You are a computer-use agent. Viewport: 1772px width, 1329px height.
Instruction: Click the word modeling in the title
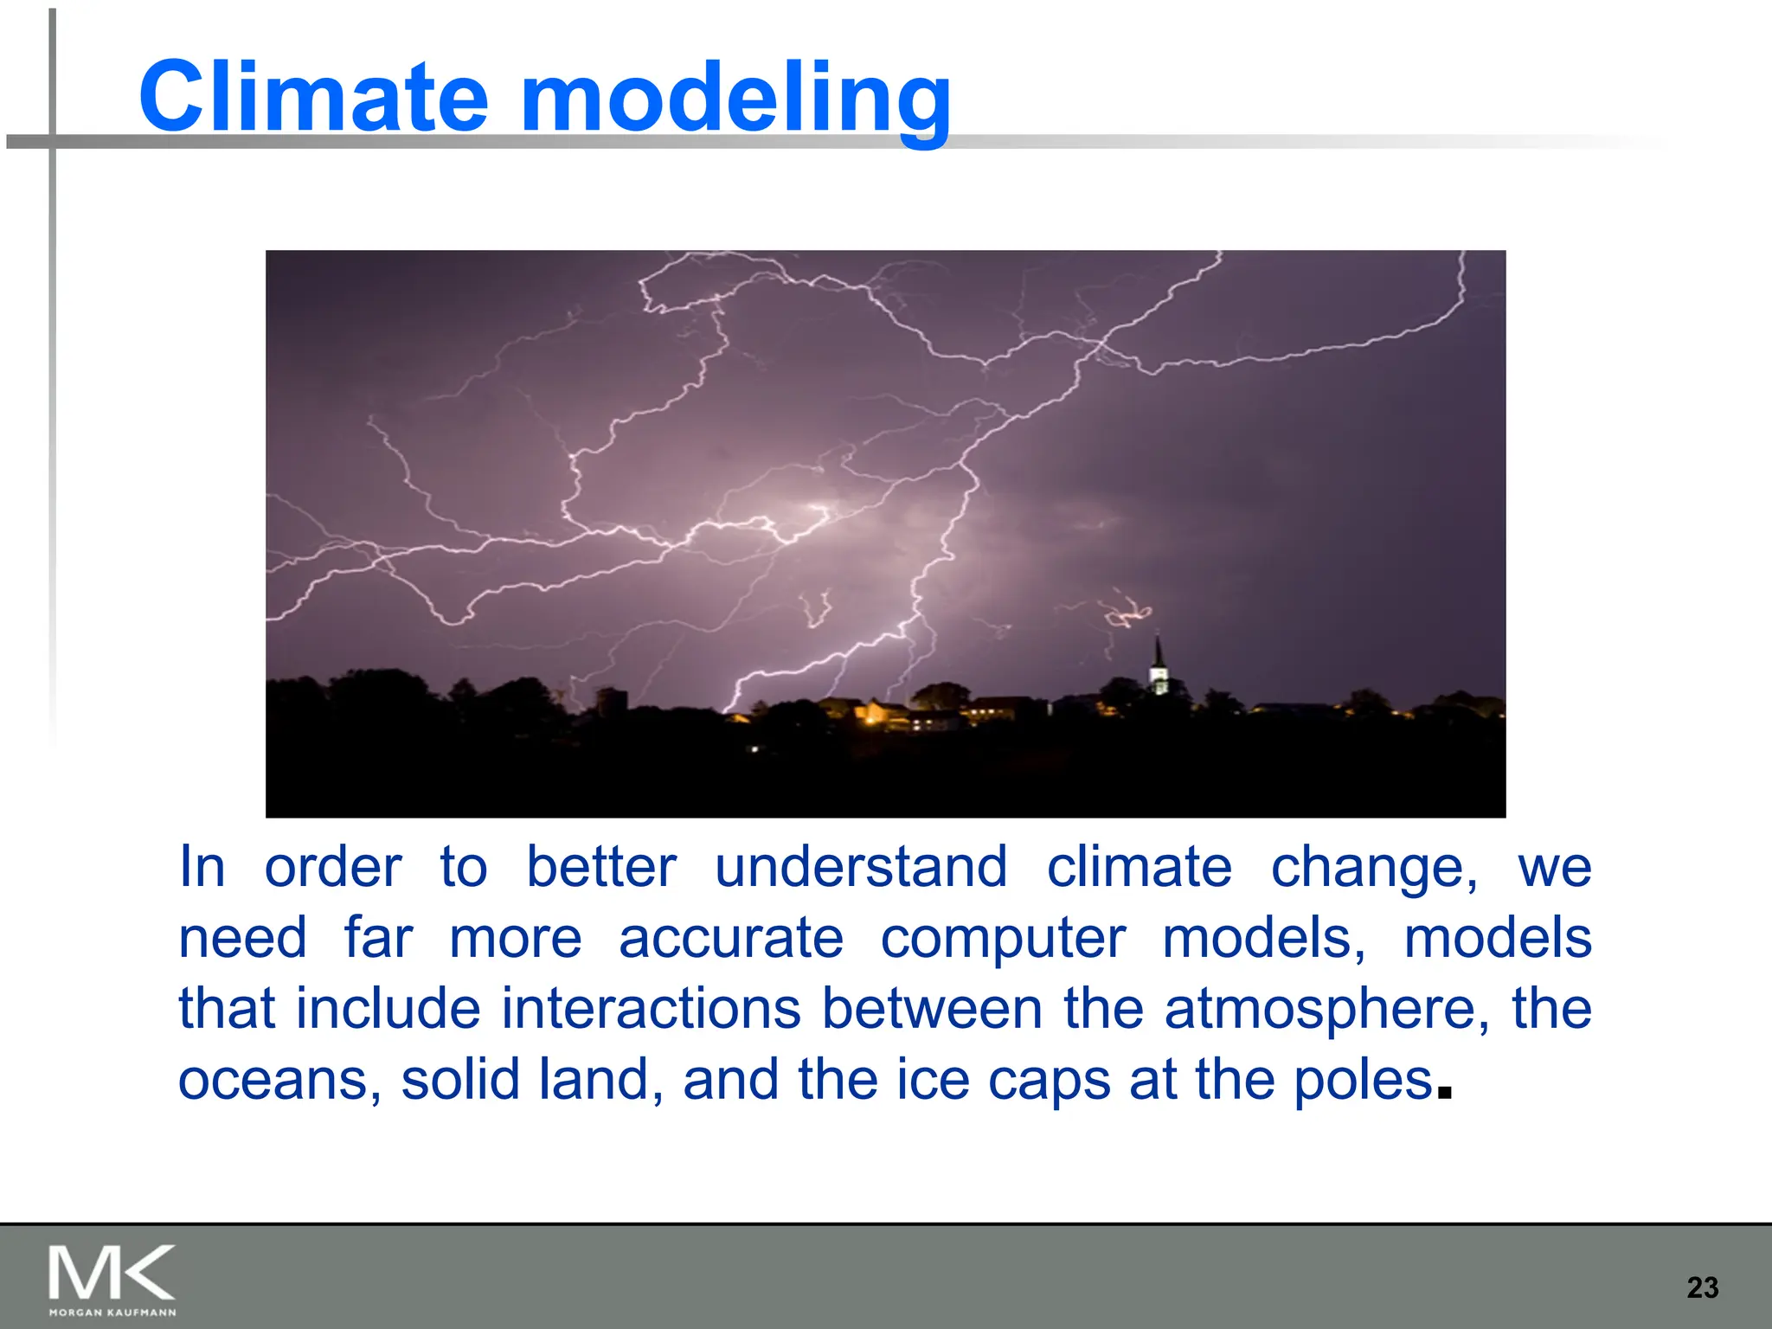coord(735,100)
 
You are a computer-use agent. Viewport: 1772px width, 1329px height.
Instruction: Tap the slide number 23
coord(1702,1287)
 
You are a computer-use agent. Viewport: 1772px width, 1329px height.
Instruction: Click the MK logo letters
coord(112,1273)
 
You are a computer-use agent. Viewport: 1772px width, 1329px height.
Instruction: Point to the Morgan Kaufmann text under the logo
coord(112,1313)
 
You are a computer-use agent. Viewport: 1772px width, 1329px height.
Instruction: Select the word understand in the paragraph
coord(861,867)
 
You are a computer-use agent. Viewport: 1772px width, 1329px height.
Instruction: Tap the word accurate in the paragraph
coord(731,939)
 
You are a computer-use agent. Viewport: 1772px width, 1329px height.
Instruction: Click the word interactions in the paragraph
coord(652,1009)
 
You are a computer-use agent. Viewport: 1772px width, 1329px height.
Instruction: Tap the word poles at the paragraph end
coord(1364,1082)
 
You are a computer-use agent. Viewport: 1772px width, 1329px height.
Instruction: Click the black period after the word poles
coord(1442,1092)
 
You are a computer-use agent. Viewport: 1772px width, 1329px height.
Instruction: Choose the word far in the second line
coord(378,938)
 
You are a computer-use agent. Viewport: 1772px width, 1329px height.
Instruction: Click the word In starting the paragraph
coord(202,867)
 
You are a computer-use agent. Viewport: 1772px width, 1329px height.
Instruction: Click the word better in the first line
coord(601,867)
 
